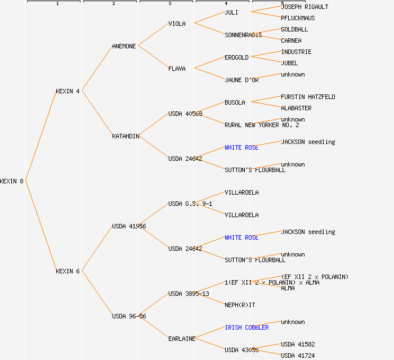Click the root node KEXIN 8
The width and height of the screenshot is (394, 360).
pos(12,181)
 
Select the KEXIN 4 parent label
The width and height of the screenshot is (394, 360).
pos(68,91)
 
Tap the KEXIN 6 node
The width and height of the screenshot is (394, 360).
pos(68,271)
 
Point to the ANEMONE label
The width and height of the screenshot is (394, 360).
pos(124,46)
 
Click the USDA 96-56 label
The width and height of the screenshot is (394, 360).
pos(129,316)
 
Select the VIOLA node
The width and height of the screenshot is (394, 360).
pos(177,24)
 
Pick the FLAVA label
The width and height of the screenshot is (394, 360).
pos(177,69)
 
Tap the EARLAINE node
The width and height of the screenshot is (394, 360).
pos(182,339)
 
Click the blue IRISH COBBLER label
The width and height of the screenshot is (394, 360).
pos(247,327)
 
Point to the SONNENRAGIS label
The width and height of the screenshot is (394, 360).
pos(243,35)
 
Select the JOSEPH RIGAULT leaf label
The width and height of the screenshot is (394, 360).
pos(305,7)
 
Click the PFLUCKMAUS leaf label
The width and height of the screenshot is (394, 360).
pos(298,18)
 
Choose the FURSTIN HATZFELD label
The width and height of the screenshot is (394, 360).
pos(308,97)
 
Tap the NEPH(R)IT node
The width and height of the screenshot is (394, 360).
pos(240,305)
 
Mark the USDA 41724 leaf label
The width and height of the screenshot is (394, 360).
pos(298,355)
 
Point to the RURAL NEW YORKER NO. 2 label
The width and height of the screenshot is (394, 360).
pos(262,125)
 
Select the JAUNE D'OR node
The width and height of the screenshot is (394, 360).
pos(241,80)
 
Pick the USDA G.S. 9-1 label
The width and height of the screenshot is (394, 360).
pos(190,204)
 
